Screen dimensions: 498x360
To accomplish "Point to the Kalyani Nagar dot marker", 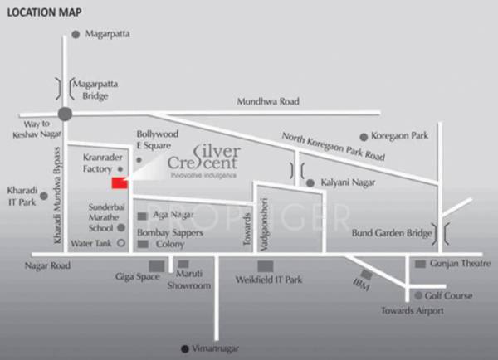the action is pos(310,182).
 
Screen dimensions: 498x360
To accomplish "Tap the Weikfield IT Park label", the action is pos(269,280).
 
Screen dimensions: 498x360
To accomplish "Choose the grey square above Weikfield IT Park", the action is pos(265,265).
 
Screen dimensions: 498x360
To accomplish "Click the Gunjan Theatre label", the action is pos(459,263).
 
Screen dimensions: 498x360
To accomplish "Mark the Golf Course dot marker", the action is pos(417,295).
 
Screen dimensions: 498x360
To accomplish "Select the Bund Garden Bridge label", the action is pos(393,234).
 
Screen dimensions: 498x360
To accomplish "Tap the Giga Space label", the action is pos(138,277).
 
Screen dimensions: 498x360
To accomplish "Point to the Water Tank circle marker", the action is pos(121,244).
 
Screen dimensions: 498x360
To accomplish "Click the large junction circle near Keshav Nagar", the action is pos(65,115).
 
